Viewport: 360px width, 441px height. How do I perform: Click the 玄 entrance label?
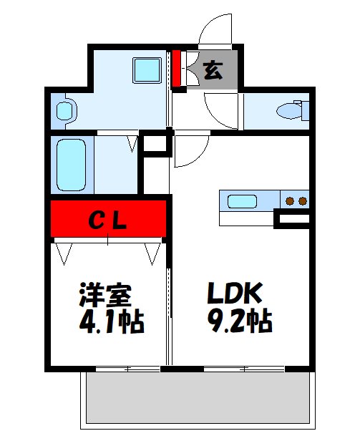(x=212, y=70)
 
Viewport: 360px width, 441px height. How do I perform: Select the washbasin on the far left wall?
(x=64, y=110)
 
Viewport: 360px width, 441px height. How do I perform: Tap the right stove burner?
(x=303, y=200)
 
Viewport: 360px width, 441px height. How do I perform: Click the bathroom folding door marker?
(x=132, y=144)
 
